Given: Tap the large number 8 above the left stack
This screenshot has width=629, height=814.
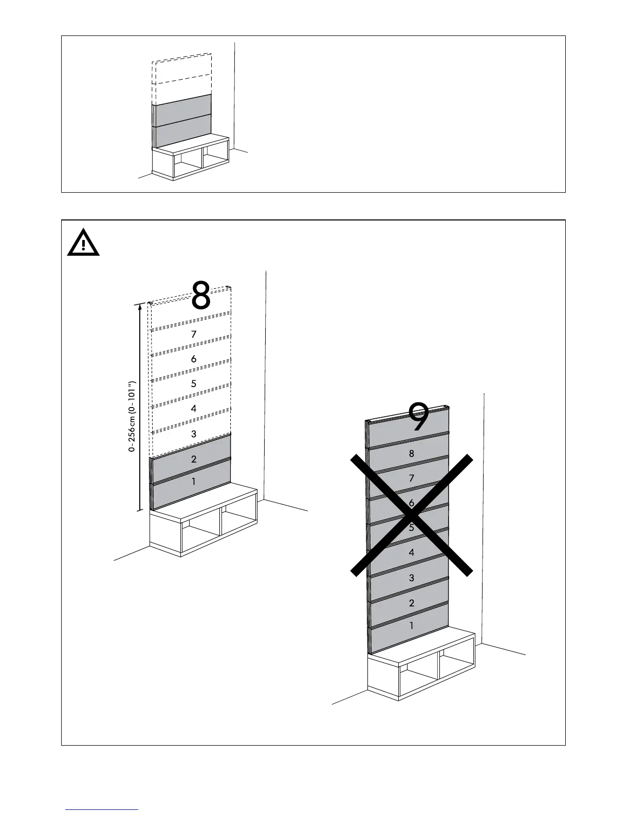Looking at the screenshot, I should click(x=201, y=295).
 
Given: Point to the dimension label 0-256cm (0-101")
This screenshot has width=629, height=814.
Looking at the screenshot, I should click(x=132, y=416).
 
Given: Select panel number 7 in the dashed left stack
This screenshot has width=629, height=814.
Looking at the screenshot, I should click(x=194, y=335).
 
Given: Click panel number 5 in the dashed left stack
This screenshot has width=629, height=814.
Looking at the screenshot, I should click(x=194, y=384).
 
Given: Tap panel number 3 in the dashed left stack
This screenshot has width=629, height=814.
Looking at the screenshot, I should click(x=194, y=434).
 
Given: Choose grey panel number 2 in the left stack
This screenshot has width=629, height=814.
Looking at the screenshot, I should click(x=194, y=459).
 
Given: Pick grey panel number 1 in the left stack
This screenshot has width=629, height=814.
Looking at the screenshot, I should click(x=194, y=482).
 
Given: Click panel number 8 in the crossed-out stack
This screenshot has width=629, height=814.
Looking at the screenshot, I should click(x=411, y=454).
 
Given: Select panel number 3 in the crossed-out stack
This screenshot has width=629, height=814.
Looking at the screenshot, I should click(x=411, y=578).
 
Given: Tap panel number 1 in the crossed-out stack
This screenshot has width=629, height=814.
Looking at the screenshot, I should click(x=411, y=626).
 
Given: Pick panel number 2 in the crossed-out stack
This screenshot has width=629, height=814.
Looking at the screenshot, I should click(x=411, y=603).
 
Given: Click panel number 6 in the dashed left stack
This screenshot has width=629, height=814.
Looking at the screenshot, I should click(x=194, y=359).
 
